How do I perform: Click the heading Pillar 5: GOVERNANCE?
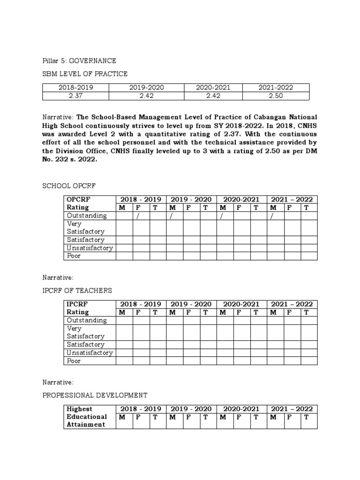point(79,61)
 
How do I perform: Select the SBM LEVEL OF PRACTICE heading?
point(85,74)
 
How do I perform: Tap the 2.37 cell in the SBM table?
point(75,96)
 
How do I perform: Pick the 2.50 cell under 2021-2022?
point(273,96)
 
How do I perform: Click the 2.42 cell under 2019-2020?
point(146,96)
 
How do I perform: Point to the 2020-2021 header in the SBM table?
point(213,88)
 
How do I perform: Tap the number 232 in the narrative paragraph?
point(65,159)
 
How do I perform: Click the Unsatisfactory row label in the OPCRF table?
point(90,248)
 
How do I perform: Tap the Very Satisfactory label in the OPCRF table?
point(85,228)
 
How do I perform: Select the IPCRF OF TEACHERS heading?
point(77,291)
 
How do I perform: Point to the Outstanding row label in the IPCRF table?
point(87,321)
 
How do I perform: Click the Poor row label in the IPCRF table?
point(74,361)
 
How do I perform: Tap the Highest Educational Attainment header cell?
point(87,417)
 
